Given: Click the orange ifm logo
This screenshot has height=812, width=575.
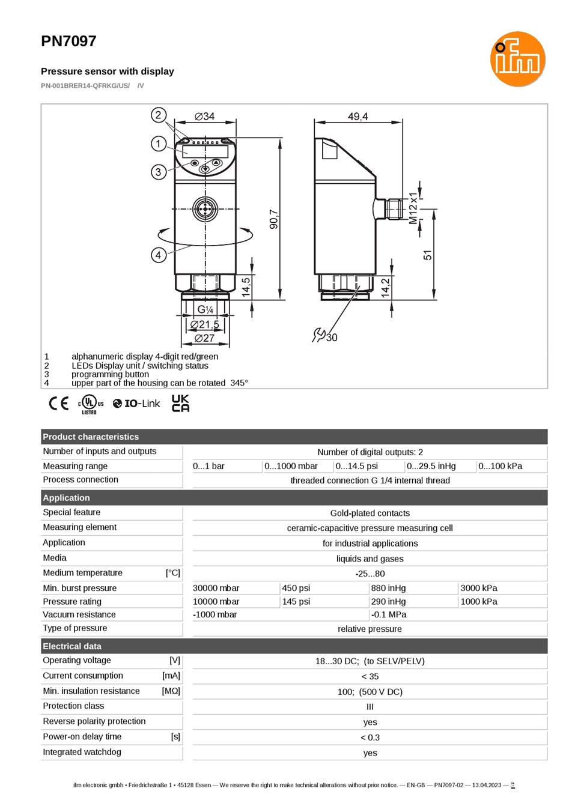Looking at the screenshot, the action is [x=517, y=59].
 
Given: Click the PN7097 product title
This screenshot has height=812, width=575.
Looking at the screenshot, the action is [x=68, y=41].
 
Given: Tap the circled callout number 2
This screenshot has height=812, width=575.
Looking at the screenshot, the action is [x=159, y=115].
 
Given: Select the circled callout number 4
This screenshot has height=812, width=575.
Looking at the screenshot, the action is [x=159, y=255].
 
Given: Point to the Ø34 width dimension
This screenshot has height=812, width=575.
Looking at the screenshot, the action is [x=204, y=116].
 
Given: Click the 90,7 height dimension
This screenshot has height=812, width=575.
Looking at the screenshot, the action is [x=274, y=219].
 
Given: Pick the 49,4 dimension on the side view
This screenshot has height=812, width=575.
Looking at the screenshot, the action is [x=358, y=117].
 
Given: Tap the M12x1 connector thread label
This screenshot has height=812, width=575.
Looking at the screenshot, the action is [x=413, y=208].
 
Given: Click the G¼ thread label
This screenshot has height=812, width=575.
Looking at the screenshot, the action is [x=205, y=309].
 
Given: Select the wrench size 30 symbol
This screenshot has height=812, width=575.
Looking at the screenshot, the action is [x=325, y=336].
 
